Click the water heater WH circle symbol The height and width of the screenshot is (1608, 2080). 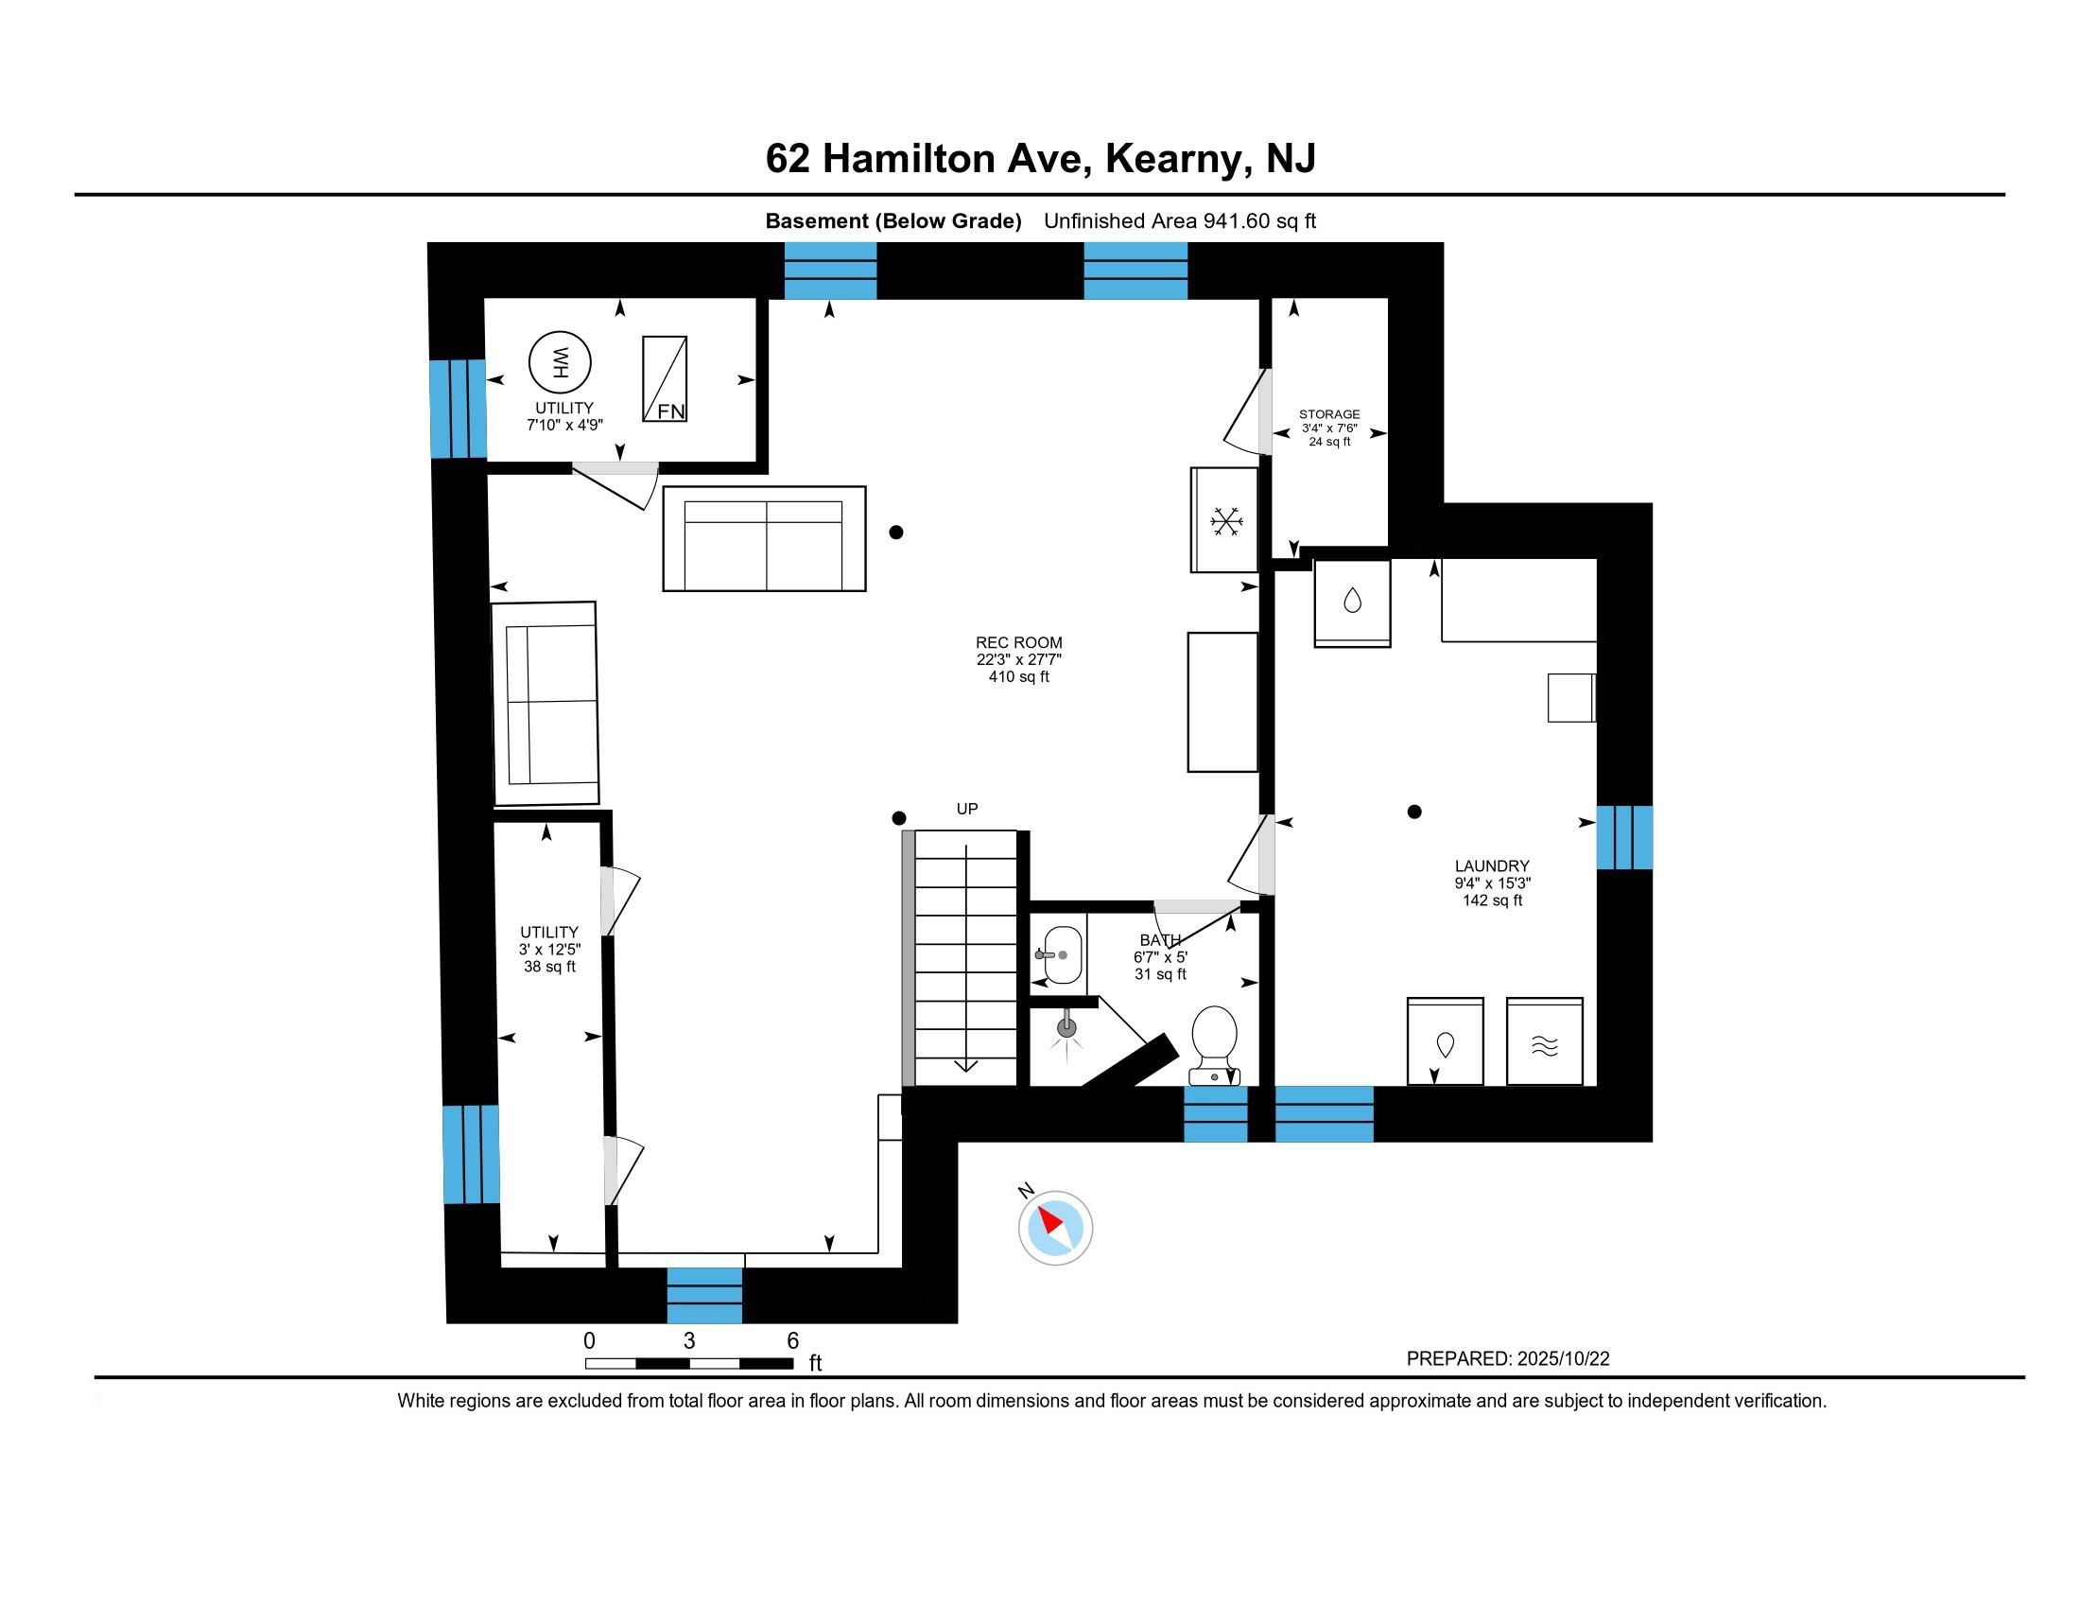point(560,362)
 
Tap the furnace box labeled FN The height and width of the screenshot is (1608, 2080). point(665,379)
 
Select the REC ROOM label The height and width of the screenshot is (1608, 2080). point(1019,643)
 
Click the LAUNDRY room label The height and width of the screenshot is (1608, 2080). point(1492,865)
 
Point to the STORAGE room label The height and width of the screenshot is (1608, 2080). point(1329,414)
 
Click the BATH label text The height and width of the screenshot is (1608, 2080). point(1160,940)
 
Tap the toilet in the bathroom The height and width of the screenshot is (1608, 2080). point(1214,1045)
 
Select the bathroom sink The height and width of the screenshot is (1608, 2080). point(1063,954)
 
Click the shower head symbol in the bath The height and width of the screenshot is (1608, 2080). point(1066,1028)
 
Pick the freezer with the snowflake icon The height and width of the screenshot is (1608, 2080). point(1224,520)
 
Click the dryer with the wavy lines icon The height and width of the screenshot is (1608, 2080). point(1545,1041)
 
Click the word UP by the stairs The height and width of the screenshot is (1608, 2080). point(966,809)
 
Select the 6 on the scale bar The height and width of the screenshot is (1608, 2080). point(792,1340)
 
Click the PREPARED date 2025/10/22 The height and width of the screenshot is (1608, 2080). point(1563,1358)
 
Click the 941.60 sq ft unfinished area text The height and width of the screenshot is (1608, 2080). point(1260,221)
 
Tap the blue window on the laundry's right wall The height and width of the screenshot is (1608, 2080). point(1624,837)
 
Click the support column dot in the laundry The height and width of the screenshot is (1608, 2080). point(1414,812)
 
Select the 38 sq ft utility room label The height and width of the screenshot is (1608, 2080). point(549,966)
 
